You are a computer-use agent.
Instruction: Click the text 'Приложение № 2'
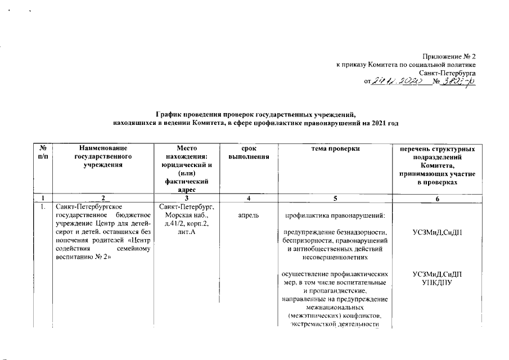449,57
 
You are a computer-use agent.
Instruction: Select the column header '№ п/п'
42,153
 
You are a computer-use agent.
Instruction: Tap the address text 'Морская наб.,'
179,215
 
